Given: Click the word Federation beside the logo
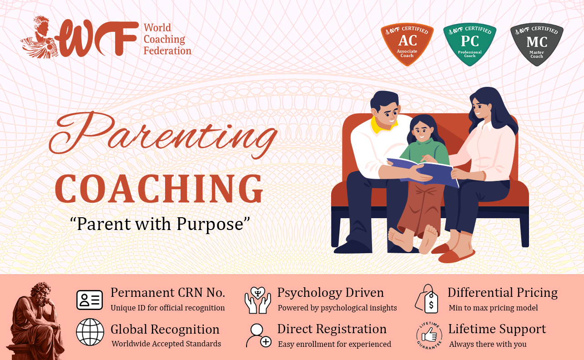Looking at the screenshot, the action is (167, 50).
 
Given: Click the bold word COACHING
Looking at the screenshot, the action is (159, 189).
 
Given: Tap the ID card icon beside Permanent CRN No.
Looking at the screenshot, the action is (90, 300).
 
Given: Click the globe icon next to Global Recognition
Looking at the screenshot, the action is (90, 332).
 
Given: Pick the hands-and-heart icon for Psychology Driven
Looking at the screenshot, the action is (258, 300).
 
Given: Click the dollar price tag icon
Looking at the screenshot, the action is (427, 299).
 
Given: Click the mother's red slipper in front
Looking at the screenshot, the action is (457, 256).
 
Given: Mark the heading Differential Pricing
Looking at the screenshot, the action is (503, 293).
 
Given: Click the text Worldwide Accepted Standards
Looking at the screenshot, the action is (166, 344).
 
